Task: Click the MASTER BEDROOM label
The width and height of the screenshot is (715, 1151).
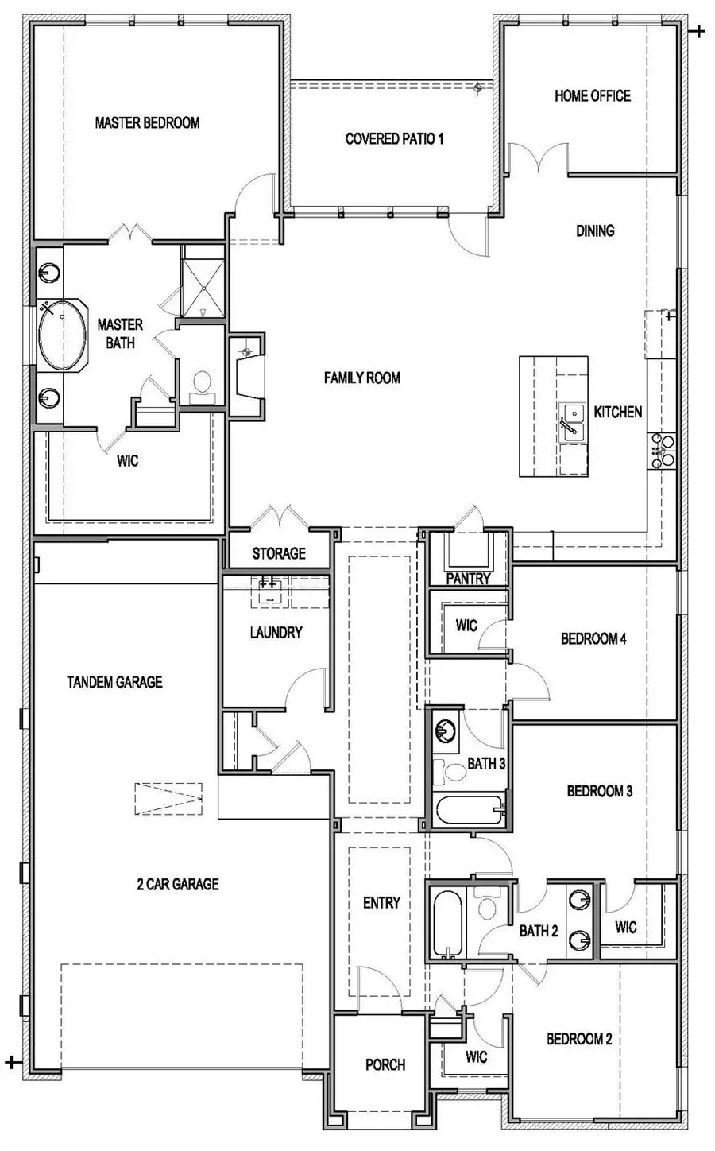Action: click(x=147, y=122)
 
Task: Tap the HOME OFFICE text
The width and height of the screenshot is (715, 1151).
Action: click(x=592, y=95)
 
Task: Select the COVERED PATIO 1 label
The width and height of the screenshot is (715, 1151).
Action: click(x=394, y=139)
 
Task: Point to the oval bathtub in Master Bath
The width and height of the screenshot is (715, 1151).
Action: click(x=62, y=335)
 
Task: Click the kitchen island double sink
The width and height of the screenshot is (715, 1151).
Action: click(x=573, y=422)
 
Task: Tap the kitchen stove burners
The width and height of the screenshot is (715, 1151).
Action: click(x=662, y=449)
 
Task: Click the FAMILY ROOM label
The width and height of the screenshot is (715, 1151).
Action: click(x=361, y=378)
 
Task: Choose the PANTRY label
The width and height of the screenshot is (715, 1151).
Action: click(x=468, y=579)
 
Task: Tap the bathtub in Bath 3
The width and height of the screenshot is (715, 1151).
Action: click(x=469, y=812)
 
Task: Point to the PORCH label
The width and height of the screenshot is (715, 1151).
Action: click(x=385, y=1064)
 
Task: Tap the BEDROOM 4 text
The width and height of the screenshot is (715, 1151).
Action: click(x=593, y=638)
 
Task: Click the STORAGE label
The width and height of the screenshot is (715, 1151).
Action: click(x=279, y=552)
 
